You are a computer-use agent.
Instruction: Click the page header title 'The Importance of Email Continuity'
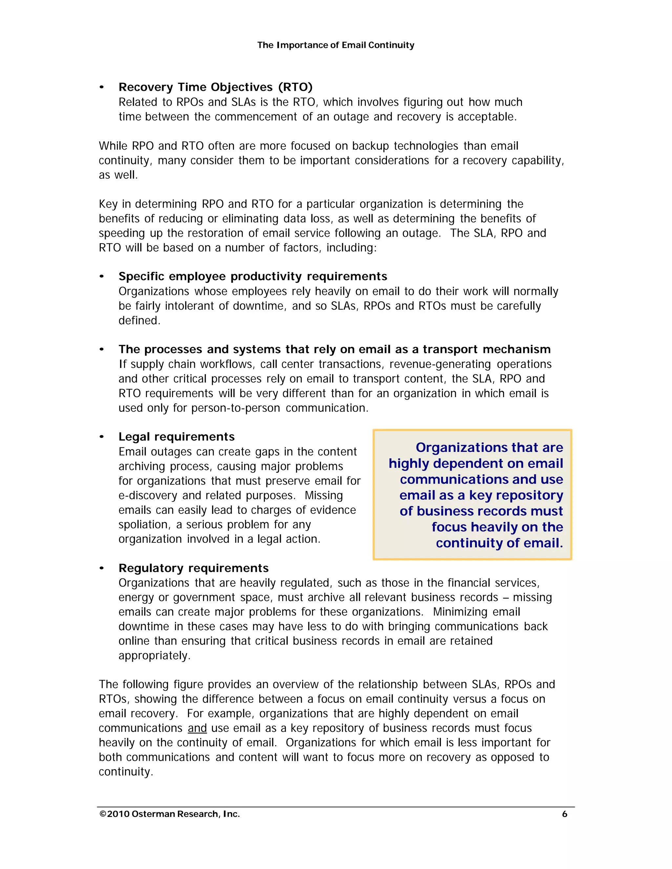click(x=336, y=45)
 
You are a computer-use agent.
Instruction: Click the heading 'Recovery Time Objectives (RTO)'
click(x=215, y=87)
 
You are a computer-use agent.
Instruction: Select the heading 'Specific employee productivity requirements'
click(x=253, y=276)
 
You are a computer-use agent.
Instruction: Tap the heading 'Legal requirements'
click(x=176, y=437)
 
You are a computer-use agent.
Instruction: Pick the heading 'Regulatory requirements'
click(x=194, y=568)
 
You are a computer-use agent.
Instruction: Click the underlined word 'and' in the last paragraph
click(x=197, y=728)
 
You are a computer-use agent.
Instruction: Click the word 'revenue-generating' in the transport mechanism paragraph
click(x=440, y=364)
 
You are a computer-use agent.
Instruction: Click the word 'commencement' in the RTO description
click(x=256, y=117)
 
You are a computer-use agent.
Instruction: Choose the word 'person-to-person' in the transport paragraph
click(x=236, y=408)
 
